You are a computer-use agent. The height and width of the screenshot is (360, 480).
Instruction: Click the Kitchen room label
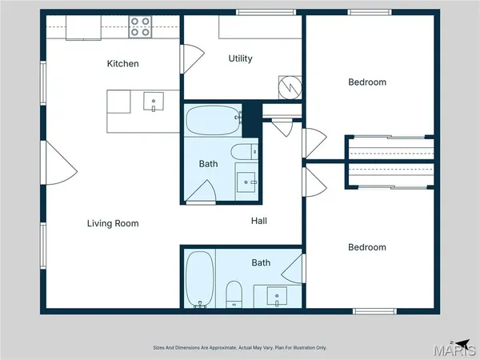point(123,63)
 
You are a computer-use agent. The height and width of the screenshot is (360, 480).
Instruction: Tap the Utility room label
point(240,58)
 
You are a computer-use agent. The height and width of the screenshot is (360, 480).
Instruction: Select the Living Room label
point(113,223)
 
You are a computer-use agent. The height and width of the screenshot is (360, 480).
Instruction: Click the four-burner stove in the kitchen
point(141,27)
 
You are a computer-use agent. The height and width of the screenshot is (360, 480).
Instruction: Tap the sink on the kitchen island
point(154,101)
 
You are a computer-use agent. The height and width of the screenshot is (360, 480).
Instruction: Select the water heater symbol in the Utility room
point(288,85)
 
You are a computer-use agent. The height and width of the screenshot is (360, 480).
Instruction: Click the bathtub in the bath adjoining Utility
point(211,122)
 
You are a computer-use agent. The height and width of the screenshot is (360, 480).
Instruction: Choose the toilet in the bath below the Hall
point(234,294)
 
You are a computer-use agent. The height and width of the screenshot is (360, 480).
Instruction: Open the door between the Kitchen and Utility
point(191,57)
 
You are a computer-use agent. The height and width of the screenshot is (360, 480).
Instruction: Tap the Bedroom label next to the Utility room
point(367,82)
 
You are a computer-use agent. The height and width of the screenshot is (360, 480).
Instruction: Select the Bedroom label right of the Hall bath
point(367,247)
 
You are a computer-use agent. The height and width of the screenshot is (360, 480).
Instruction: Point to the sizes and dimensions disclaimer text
point(240,347)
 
